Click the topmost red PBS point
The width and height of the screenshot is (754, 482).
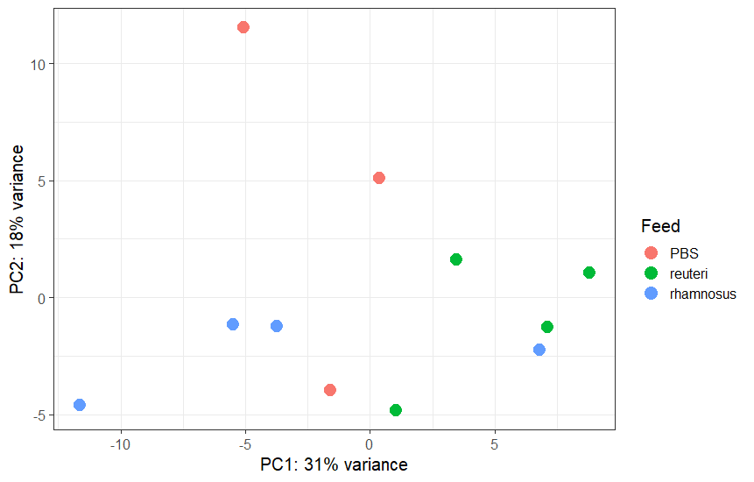[243, 27]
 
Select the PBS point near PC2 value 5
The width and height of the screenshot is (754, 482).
[379, 178]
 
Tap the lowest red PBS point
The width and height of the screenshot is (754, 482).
[330, 390]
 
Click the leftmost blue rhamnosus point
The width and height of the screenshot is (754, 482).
[80, 405]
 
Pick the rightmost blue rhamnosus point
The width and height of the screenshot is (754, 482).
[539, 350]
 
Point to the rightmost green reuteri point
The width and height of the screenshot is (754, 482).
[589, 273]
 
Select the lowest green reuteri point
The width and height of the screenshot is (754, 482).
[396, 410]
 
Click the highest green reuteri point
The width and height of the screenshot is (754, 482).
[456, 259]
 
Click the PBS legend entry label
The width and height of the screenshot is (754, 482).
[685, 254]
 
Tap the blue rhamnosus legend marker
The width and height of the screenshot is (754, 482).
[651, 294]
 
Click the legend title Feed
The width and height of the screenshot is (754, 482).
[660, 226]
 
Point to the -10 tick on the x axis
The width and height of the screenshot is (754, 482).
[121, 444]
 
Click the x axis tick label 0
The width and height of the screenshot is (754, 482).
[370, 444]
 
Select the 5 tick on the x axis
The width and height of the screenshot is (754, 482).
[495, 444]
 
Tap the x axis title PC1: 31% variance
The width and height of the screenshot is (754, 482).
[334, 464]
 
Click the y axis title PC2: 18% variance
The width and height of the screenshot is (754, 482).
[17, 219]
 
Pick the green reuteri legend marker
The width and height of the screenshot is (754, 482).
[651, 274]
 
